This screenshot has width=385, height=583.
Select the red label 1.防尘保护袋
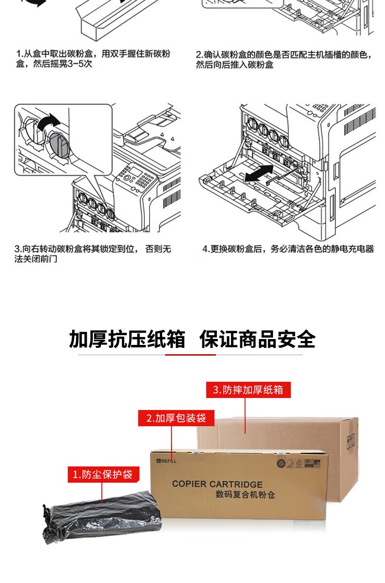[x=102, y=474]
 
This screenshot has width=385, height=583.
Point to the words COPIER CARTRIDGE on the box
[x=217, y=484]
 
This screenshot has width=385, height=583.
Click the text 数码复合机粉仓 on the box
[x=245, y=495]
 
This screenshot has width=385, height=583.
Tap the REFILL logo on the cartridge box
[x=167, y=461]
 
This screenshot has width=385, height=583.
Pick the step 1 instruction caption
[x=93, y=59]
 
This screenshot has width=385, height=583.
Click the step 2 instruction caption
[x=284, y=59]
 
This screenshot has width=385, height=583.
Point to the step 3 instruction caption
[x=93, y=254]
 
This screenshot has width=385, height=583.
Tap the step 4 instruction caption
[x=288, y=249]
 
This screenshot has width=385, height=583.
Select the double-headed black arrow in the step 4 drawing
[x=259, y=174]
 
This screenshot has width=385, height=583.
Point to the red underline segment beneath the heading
[x=190, y=355]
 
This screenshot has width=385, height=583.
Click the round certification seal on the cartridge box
[x=281, y=462]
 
